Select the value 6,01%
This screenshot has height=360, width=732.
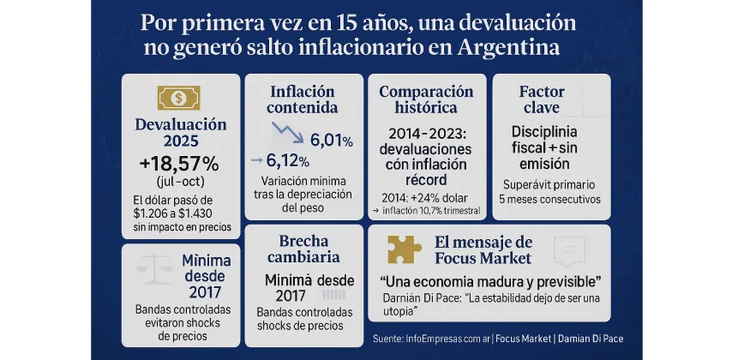pyautogui.click(x=331, y=140)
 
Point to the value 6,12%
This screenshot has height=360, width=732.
pyautogui.click(x=287, y=159)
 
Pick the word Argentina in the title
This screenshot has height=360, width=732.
pyautogui.click(x=509, y=47)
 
